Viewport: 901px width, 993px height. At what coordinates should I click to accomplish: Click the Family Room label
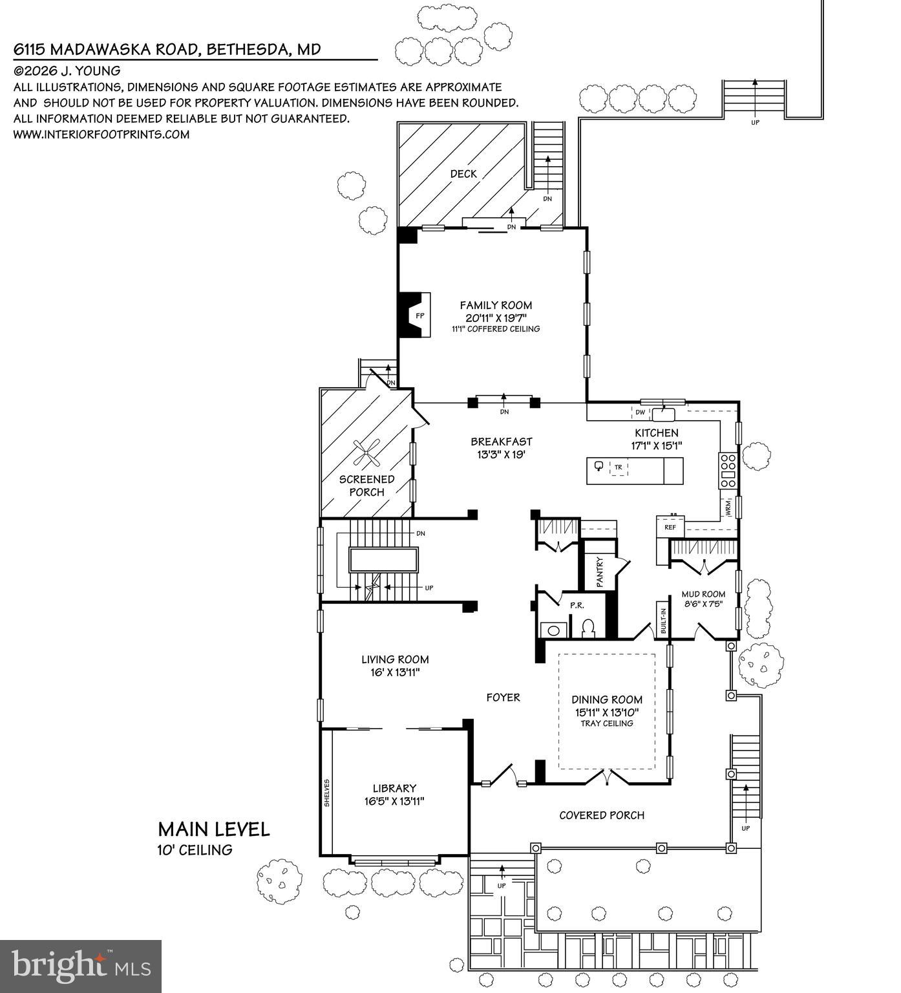496,305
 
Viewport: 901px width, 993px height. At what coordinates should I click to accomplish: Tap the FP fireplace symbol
419,315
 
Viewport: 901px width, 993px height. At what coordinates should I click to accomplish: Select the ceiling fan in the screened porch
367,452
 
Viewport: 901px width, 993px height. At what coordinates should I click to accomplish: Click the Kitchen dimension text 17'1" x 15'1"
657,445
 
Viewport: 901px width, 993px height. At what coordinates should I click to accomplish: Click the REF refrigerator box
670,528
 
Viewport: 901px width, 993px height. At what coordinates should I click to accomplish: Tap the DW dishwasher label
640,412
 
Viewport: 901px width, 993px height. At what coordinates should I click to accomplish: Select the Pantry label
599,572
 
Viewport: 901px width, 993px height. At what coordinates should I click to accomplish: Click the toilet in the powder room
588,628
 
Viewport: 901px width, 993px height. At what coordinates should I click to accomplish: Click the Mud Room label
703,594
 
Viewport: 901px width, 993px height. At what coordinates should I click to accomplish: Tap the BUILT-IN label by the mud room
662,620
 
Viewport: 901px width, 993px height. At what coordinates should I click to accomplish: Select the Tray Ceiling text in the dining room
606,723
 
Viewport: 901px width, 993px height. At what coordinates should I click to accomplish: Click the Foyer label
503,697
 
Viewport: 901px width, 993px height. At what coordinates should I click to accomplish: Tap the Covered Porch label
602,815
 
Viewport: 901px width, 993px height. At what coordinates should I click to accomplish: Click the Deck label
463,173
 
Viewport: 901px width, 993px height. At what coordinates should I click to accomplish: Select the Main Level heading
214,829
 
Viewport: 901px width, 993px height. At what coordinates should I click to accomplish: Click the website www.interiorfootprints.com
101,134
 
